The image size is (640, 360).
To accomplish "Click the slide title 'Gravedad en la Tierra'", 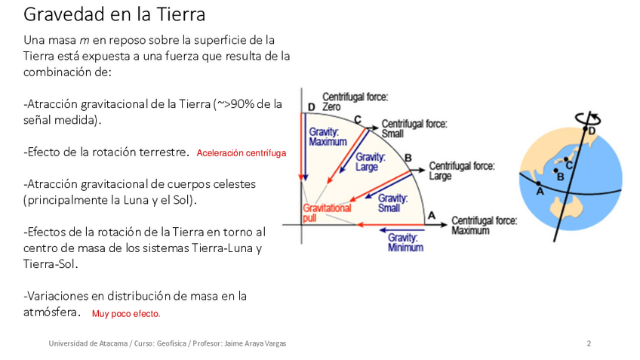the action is coord(114,14).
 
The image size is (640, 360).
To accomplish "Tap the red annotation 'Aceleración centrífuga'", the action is coord(241,153).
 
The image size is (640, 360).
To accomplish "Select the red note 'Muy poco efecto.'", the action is coord(126,314).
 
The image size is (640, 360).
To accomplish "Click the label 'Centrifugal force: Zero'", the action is coord(355,102).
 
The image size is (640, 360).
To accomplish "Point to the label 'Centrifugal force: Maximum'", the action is coord(484,225).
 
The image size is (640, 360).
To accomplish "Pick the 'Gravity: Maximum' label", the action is coord(328,137).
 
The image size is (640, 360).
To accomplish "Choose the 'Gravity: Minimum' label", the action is coord(405,242).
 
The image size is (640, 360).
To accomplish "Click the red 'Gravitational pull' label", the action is coord(327,212).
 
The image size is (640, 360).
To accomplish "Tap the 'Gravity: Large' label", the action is coord(371,162).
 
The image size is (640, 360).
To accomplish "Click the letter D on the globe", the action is coord(592,131).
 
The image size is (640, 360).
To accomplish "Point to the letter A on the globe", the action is coord(539,192).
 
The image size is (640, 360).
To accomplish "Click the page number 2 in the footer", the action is coord(589,343).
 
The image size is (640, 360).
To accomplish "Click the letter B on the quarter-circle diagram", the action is coord(408,157).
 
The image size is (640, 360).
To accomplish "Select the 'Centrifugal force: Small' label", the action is coord(414,128).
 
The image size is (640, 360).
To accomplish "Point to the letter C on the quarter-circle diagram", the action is coord(357,119).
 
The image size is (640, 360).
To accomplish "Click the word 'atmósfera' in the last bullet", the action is coord(52,312).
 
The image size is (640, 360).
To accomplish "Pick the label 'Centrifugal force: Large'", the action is coord(461,171).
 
